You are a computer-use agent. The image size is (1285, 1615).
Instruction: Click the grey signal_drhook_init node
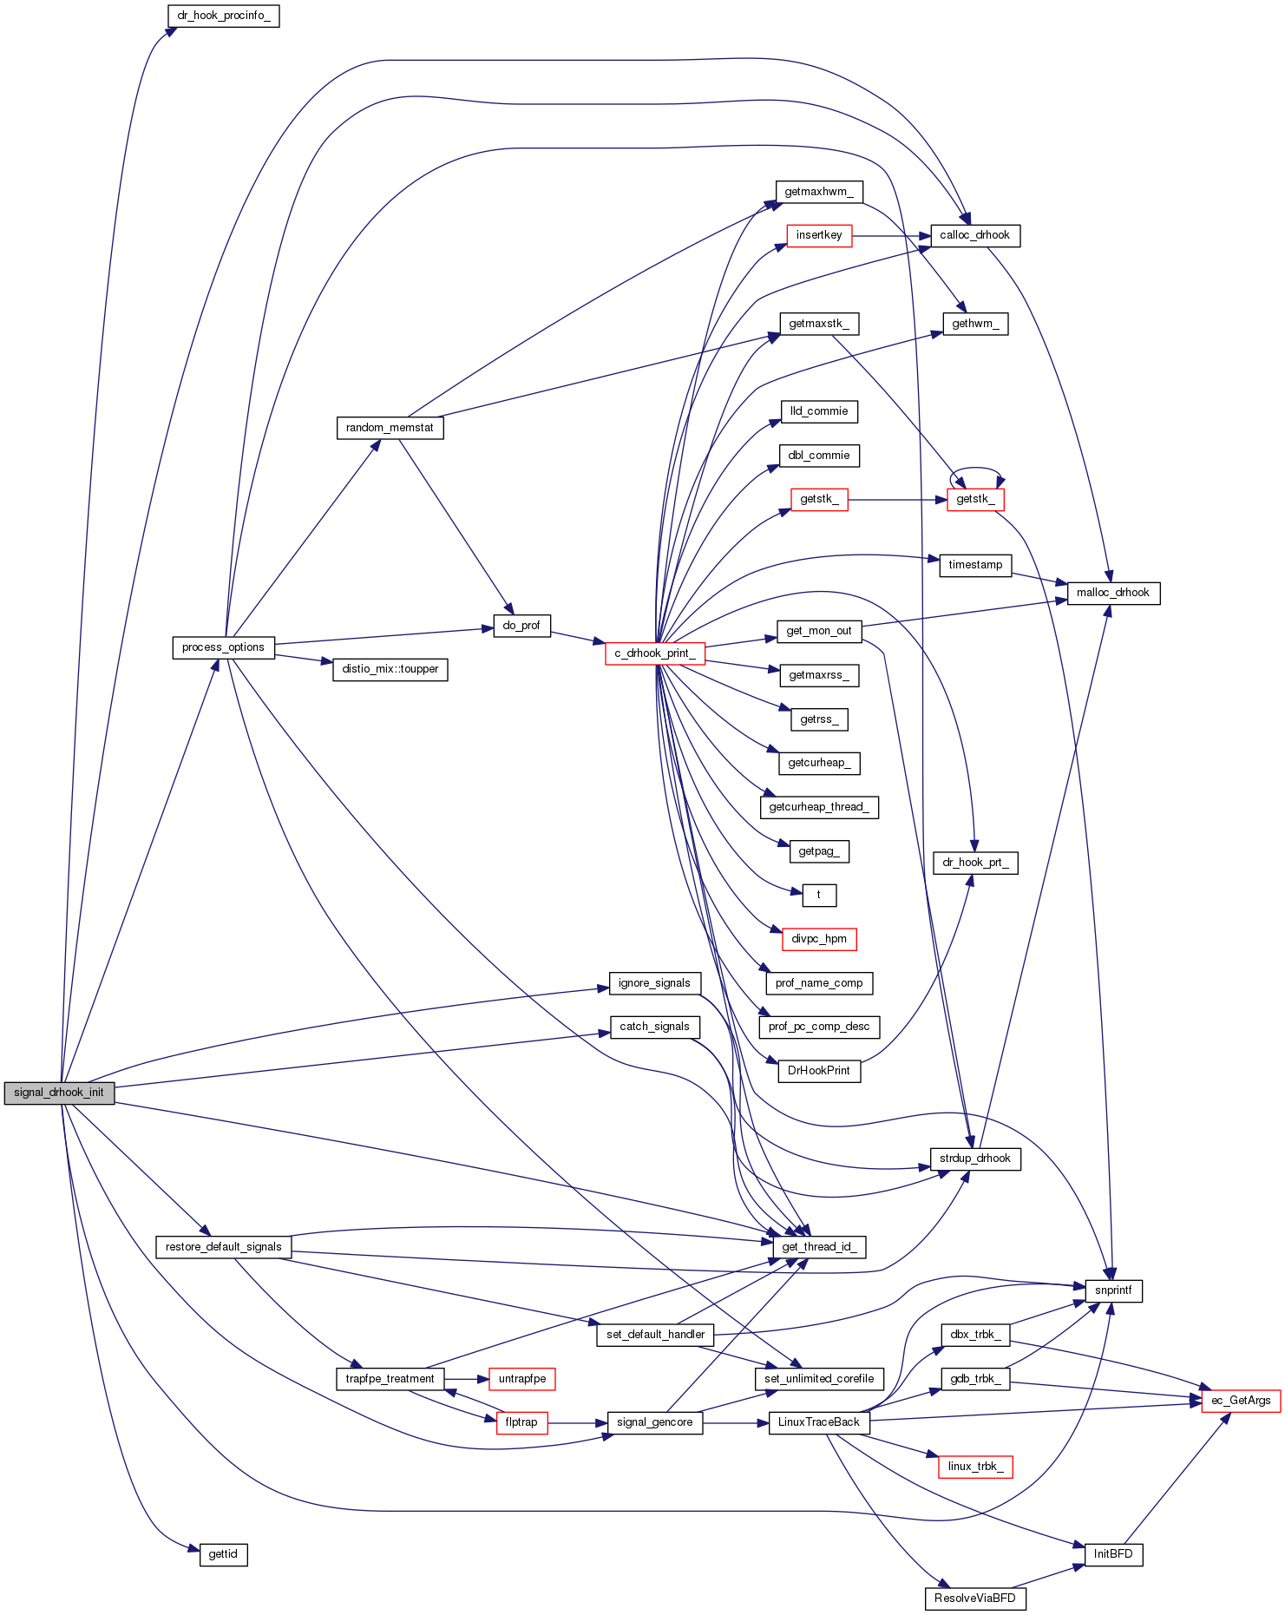tap(59, 1093)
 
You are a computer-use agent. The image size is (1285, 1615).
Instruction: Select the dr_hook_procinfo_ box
tap(223, 16)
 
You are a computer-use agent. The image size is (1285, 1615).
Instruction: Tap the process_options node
tap(223, 647)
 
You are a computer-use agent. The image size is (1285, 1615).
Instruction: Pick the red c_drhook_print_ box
tap(654, 653)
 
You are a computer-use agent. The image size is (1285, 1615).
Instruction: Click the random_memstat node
tap(390, 428)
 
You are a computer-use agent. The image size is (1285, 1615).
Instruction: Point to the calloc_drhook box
tap(974, 235)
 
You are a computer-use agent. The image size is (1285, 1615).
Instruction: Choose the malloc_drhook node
tap(1112, 593)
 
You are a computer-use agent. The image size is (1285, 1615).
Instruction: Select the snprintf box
tap(1113, 1290)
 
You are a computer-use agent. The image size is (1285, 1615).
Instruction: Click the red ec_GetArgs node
tap(1240, 1401)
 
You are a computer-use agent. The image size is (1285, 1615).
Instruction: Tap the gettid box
tap(223, 1554)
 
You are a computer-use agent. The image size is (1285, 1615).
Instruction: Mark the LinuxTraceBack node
tap(818, 1422)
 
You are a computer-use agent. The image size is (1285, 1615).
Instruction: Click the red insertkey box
tap(818, 235)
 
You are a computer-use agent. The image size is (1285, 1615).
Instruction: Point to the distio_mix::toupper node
tap(390, 669)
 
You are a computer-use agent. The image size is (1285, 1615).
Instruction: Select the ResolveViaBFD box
tap(974, 1599)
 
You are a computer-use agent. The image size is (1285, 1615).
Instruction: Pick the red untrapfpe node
tap(521, 1379)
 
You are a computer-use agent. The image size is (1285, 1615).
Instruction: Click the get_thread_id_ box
tap(818, 1247)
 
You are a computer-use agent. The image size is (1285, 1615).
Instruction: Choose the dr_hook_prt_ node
tap(974, 863)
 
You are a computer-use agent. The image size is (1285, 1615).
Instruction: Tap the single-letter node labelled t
tap(818, 895)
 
